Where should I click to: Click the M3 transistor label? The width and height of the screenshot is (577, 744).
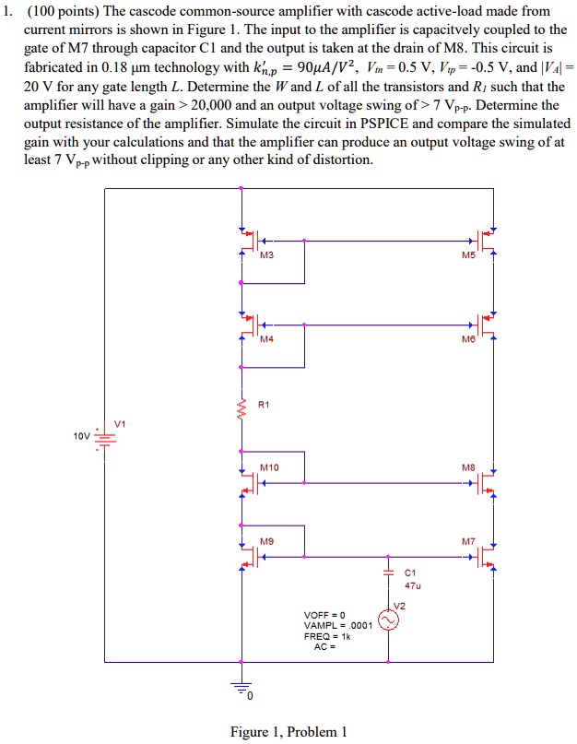tap(267, 256)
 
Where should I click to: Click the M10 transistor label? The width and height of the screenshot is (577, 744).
tap(269, 467)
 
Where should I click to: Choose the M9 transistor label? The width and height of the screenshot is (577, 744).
tap(267, 541)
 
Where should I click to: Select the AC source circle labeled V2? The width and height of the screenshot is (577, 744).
tap(388, 621)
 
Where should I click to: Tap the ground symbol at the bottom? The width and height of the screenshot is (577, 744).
tap(241, 688)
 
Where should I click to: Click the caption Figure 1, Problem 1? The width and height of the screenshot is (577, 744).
tap(288, 732)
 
